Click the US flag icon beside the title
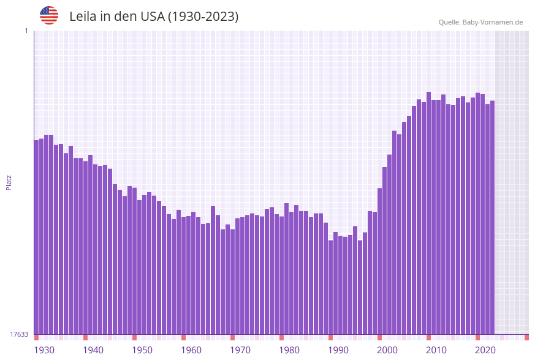point(49,15)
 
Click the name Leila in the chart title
point(83,17)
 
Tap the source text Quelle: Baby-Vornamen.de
point(480,22)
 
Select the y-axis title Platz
point(9,182)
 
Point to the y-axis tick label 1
point(26,31)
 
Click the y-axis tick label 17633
point(19,334)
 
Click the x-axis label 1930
point(44,350)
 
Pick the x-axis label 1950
point(142,350)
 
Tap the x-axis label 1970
point(240,350)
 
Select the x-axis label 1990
point(338,350)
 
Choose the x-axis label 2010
point(436,350)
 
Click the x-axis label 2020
point(485,350)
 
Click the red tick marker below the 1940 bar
point(86,337)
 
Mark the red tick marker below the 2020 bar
point(478,337)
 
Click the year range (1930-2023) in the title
point(203,17)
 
